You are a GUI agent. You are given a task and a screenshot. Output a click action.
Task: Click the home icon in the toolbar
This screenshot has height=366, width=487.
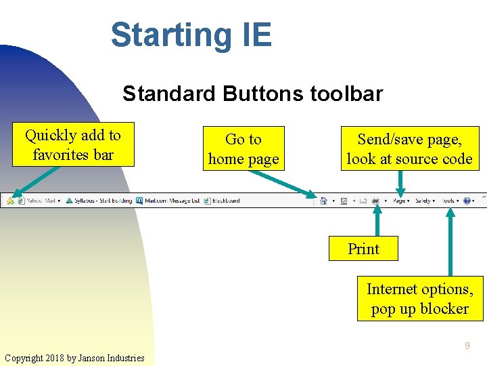click(323, 201)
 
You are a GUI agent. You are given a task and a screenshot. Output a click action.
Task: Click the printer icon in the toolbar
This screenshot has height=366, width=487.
click(376, 201)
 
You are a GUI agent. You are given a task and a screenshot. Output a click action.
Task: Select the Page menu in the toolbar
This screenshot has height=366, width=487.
click(399, 201)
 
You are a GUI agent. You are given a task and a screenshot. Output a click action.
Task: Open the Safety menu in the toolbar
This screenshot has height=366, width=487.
click(423, 201)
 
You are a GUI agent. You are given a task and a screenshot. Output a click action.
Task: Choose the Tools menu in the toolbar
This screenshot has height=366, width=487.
click(448, 201)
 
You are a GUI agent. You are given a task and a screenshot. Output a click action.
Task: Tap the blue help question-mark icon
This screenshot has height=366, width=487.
click(466, 201)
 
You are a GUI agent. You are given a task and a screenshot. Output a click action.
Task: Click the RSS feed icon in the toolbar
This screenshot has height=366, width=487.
click(344, 201)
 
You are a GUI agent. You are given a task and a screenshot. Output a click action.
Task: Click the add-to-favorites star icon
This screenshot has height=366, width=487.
click(10, 201)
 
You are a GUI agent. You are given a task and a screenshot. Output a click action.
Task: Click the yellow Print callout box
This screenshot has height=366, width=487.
click(363, 249)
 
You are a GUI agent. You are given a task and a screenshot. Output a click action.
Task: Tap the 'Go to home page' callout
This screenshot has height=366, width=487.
click(243, 148)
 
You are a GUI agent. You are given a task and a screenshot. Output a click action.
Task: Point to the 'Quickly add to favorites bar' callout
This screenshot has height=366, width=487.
click(73, 144)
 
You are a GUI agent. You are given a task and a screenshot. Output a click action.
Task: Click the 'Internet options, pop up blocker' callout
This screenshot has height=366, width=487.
click(420, 298)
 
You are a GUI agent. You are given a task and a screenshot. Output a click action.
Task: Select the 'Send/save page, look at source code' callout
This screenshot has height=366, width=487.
click(409, 148)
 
